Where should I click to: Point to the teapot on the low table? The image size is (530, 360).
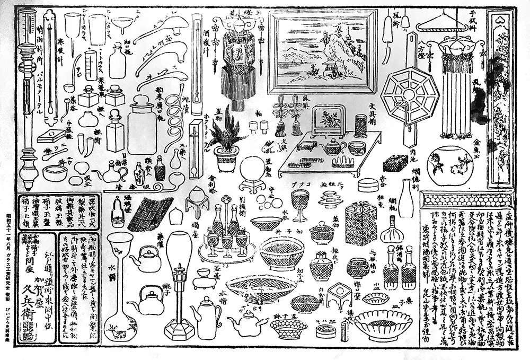coord(334,147)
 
